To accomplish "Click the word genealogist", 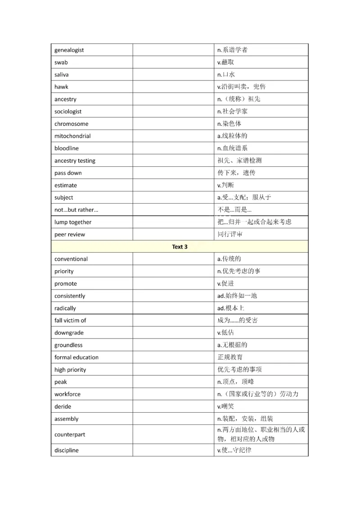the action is [x=69, y=50].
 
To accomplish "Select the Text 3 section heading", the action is [x=180, y=247].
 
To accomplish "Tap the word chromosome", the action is [x=71, y=124].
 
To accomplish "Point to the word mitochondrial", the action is [x=72, y=136].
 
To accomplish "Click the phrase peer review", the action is [x=69, y=234].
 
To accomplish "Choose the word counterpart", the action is [x=70, y=435].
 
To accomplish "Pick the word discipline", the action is [x=66, y=450].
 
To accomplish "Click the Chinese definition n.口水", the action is [x=226, y=75].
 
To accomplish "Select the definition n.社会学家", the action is [x=232, y=111].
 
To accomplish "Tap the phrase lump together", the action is [x=73, y=222].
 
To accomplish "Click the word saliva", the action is [x=62, y=75].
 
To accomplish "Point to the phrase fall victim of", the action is [x=70, y=321].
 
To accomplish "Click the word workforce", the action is [x=67, y=394].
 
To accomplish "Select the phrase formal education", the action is [x=76, y=357].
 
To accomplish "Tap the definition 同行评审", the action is [x=229, y=234].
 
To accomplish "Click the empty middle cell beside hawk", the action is [x=173, y=87].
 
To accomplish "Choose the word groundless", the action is [x=68, y=345].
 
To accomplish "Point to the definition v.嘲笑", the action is [x=226, y=406].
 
